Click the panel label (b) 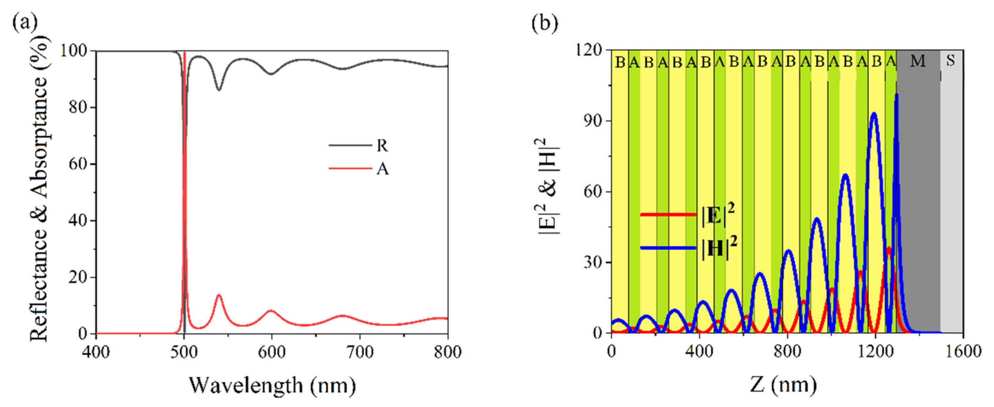pyautogui.click(x=544, y=23)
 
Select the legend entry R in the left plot pyautogui.click(x=382, y=145)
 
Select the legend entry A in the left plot pyautogui.click(x=382, y=169)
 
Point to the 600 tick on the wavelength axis pyautogui.click(x=272, y=352)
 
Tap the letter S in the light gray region pyautogui.click(x=950, y=61)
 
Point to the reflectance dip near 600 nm pyautogui.click(x=272, y=74)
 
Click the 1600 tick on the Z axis pyautogui.click(x=963, y=351)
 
